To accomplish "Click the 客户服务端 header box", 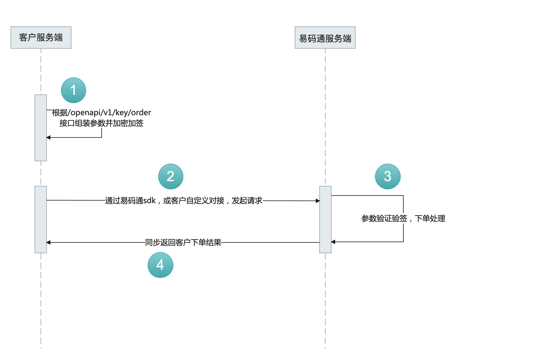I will pyautogui.click(x=41, y=38).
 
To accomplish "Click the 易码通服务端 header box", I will pyautogui.click(x=325, y=38).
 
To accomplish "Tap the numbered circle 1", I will pyautogui.click(x=74, y=90).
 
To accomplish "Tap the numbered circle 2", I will pyautogui.click(x=171, y=176).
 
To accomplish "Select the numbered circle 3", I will pyautogui.click(x=388, y=176).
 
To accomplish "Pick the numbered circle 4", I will pyautogui.click(x=160, y=265).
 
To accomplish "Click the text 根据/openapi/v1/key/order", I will pyautogui.click(x=101, y=113).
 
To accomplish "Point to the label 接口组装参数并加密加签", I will pyautogui.click(x=101, y=123).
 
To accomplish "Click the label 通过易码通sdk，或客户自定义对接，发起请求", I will pyautogui.click(x=184, y=201).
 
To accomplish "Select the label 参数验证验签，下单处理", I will pyautogui.click(x=403, y=218).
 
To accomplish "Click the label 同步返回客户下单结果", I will pyautogui.click(x=183, y=242).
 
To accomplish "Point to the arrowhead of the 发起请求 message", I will pyautogui.click(x=318, y=201).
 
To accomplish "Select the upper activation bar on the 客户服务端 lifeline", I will pyautogui.click(x=41, y=128).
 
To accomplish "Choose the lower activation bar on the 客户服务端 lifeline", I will pyautogui.click(x=41, y=219).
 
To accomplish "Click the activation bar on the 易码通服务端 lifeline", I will pyautogui.click(x=325, y=219).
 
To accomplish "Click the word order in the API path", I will pyautogui.click(x=141, y=113).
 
